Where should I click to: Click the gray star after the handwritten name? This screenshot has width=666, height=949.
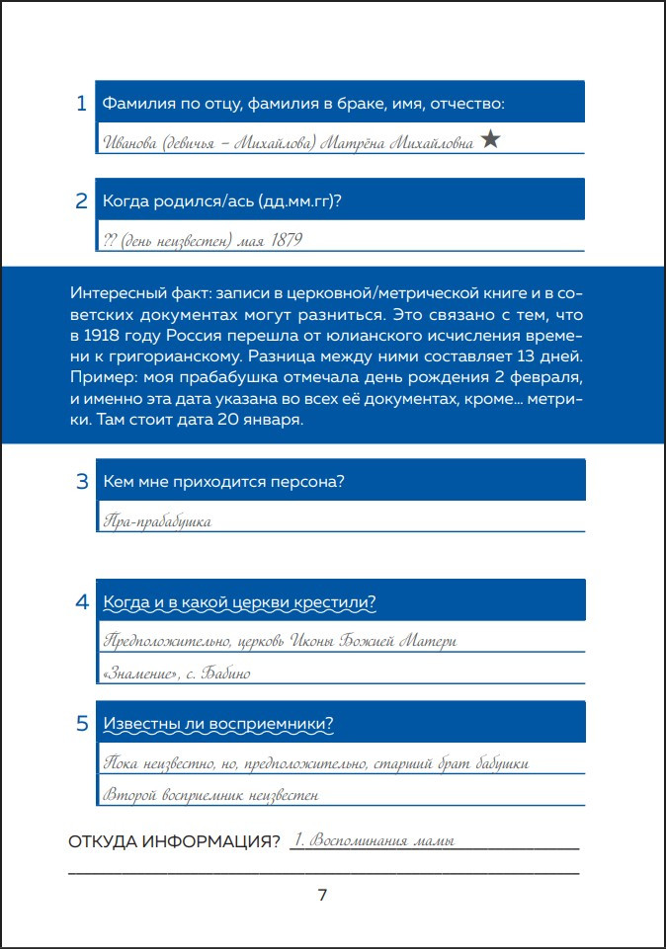(490, 140)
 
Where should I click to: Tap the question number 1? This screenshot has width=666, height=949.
(82, 103)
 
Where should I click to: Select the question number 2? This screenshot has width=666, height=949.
(82, 200)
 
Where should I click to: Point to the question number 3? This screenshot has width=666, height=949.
(82, 482)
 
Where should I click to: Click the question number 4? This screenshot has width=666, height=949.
(82, 602)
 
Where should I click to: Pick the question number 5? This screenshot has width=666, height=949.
(82, 723)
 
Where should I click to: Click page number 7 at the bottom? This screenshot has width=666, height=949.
(322, 896)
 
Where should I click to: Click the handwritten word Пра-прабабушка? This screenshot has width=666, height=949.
(157, 520)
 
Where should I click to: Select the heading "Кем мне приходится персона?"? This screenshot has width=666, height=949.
(229, 482)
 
